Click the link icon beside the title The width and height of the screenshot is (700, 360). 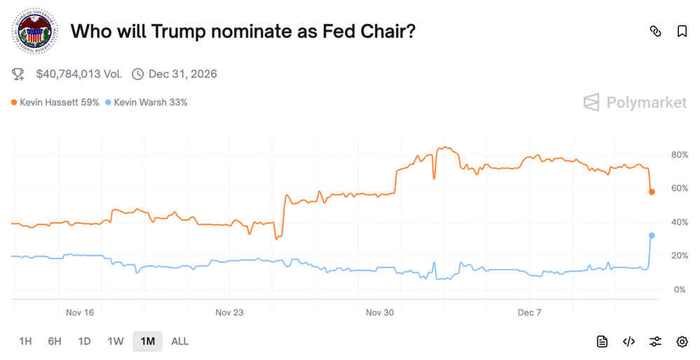tap(656, 32)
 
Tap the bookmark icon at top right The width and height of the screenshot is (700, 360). tap(682, 32)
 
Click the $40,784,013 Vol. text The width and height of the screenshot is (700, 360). tap(78, 74)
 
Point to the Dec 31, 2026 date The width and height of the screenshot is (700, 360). tap(182, 74)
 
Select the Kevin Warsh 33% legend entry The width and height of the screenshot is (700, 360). tap(146, 102)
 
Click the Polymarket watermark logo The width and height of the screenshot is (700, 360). tap(635, 102)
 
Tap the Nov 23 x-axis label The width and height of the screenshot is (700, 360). tap(229, 312)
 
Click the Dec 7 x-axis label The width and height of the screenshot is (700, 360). tap(529, 312)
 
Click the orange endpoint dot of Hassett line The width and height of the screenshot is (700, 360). tap(652, 191)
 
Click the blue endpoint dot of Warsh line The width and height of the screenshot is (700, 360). tap(652, 235)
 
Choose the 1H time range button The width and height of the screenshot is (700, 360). tap(25, 341)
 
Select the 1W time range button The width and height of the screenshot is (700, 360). tap(116, 341)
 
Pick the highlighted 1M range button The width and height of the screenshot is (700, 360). tap(147, 341)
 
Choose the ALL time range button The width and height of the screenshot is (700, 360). tap(180, 341)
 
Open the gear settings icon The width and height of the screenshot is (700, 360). tap(682, 341)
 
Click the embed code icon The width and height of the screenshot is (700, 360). tap(629, 341)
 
